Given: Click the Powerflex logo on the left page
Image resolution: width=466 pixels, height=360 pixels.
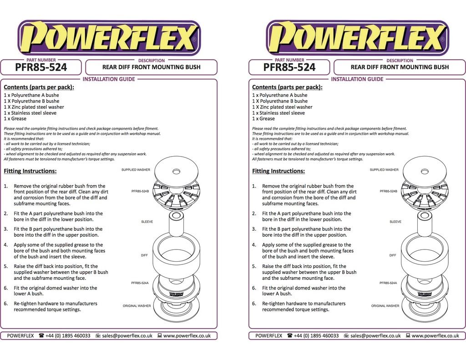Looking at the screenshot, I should click(x=108, y=37).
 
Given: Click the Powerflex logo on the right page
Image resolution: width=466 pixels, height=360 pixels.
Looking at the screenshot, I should click(x=357, y=37).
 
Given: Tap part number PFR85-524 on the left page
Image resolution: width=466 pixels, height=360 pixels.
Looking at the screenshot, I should click(x=41, y=68).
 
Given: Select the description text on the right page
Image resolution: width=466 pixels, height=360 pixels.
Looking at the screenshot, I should click(x=400, y=67).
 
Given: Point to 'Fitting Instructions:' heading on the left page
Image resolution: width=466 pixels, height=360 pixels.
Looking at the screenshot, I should click(x=30, y=171).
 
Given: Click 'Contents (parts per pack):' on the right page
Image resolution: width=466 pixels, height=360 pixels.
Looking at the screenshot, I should click(x=287, y=87).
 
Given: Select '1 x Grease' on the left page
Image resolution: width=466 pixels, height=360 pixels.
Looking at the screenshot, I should click(x=15, y=119).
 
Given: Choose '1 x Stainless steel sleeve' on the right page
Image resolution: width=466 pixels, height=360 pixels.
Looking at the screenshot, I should click(x=279, y=113).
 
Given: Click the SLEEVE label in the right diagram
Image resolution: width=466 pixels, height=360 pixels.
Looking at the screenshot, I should click(x=395, y=222).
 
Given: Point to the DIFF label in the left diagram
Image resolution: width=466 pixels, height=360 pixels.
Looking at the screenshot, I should click(x=144, y=255).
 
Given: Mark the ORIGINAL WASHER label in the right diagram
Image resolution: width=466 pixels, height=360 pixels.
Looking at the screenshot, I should click(x=385, y=306).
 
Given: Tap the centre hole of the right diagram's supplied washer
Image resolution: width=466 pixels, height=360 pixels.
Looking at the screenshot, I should click(x=425, y=172).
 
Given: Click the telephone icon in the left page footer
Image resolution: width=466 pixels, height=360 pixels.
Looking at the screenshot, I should click(x=41, y=336).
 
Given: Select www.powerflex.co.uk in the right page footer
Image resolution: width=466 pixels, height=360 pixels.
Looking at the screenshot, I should click(x=435, y=336).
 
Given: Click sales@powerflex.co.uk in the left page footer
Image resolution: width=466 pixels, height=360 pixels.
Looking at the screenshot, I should click(x=127, y=336).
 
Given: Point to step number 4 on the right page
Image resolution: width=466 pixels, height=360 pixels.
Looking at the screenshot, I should click(x=254, y=245).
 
